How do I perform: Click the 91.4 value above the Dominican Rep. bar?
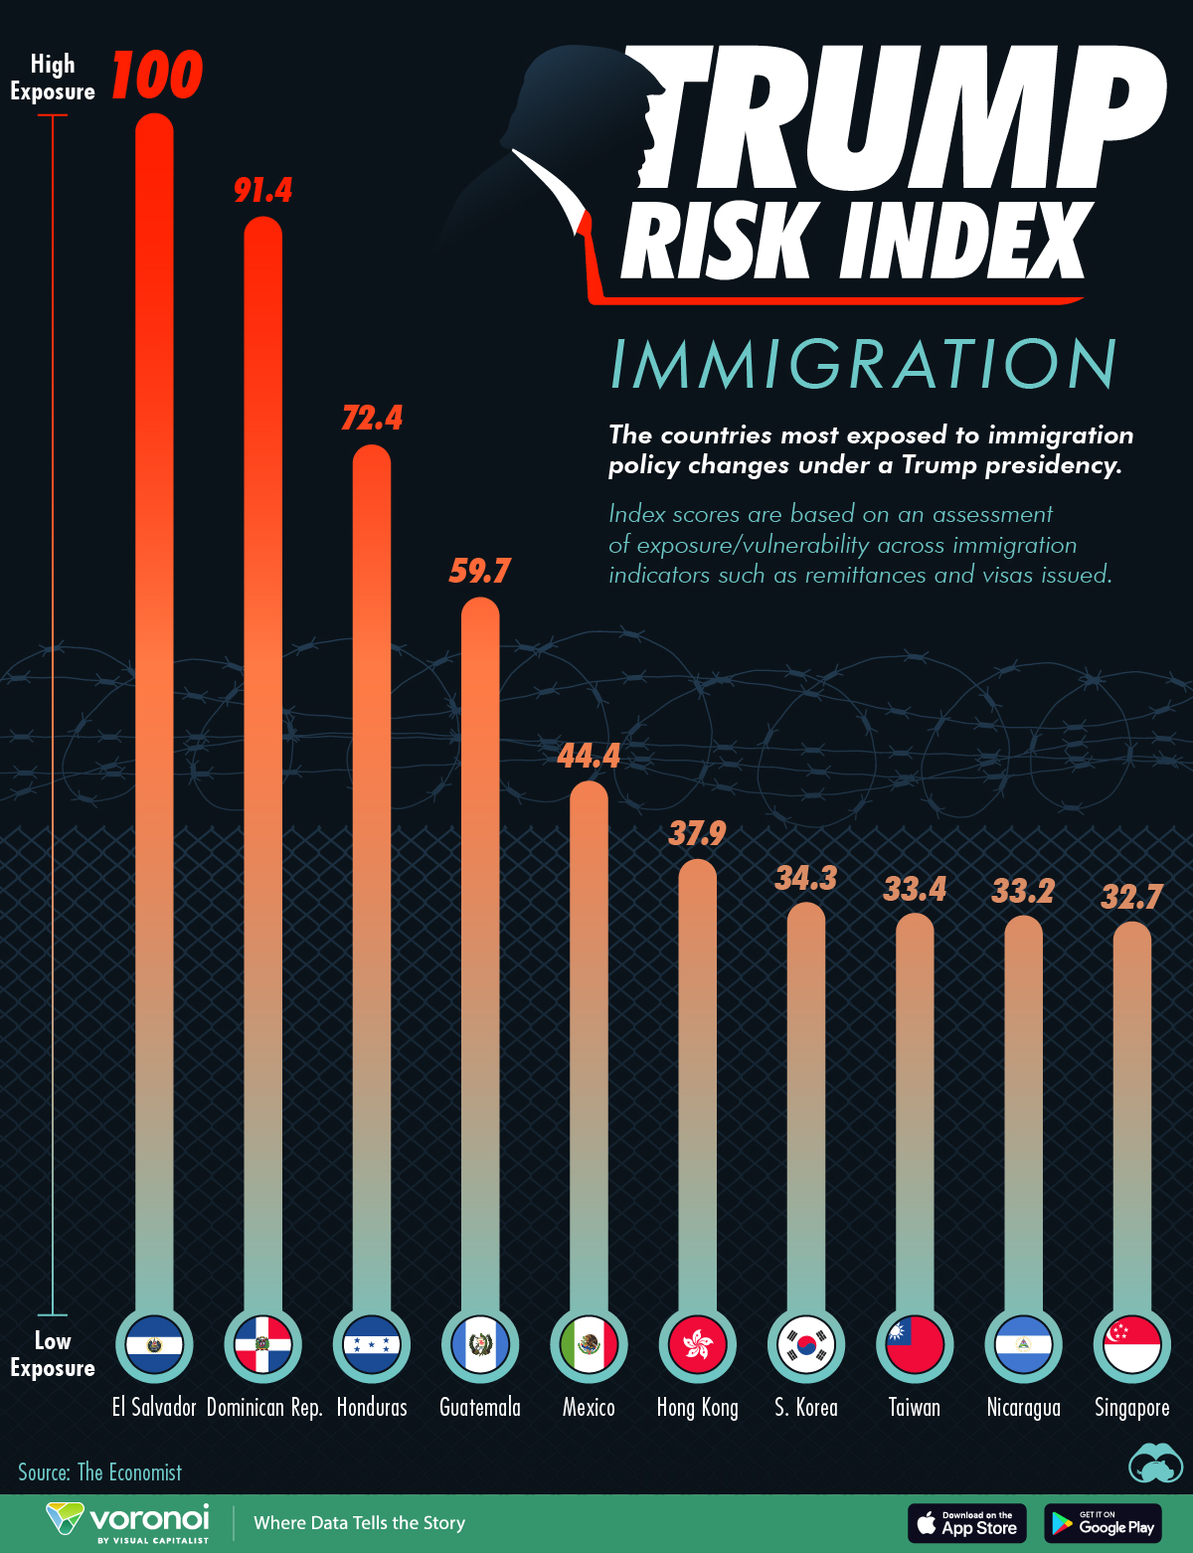pyautogui.click(x=262, y=191)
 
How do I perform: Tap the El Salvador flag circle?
pyautogui.click(x=154, y=1344)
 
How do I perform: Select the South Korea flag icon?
pyautogui.click(x=806, y=1344)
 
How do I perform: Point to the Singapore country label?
pyautogui.click(x=1131, y=1407)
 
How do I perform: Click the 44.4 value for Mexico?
pyautogui.click(x=589, y=757)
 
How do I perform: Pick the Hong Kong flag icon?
pyautogui.click(x=697, y=1344)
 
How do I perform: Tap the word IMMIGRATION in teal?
pyautogui.click(x=863, y=365)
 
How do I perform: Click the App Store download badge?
pyautogui.click(x=966, y=1523)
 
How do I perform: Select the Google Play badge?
pyautogui.click(x=1103, y=1523)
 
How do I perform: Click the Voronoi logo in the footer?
pyautogui.click(x=128, y=1523)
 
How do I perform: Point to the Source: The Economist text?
pyautogui.click(x=100, y=1472)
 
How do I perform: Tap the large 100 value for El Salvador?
pyautogui.click(x=157, y=75)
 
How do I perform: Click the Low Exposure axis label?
pyautogui.click(x=52, y=1354)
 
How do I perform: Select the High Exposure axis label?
pyautogui.click(x=52, y=78)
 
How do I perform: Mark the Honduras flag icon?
pyautogui.click(x=372, y=1344)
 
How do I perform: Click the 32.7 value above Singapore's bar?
pyautogui.click(x=1131, y=897)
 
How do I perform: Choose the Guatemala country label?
pyautogui.click(x=480, y=1407)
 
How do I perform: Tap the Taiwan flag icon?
pyautogui.click(x=915, y=1344)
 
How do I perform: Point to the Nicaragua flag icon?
pyautogui.click(x=1023, y=1344)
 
